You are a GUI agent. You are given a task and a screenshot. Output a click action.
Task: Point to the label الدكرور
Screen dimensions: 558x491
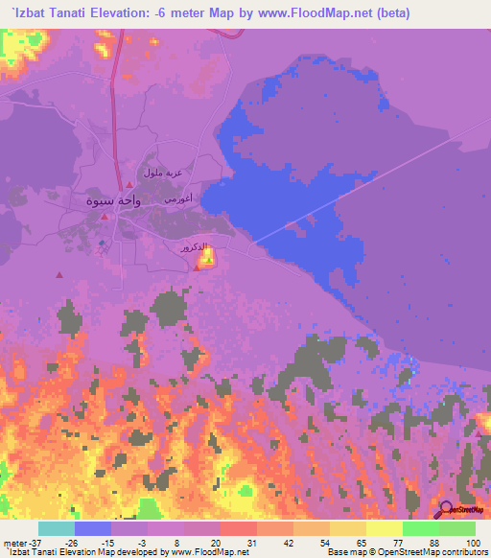coord(192,247)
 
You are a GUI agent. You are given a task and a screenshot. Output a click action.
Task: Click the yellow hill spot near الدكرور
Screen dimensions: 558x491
coord(210,256)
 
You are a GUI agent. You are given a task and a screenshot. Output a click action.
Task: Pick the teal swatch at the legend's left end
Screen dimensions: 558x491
coord(57,529)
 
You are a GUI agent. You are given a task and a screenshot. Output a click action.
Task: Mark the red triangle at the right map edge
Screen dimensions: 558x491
coord(479,434)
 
